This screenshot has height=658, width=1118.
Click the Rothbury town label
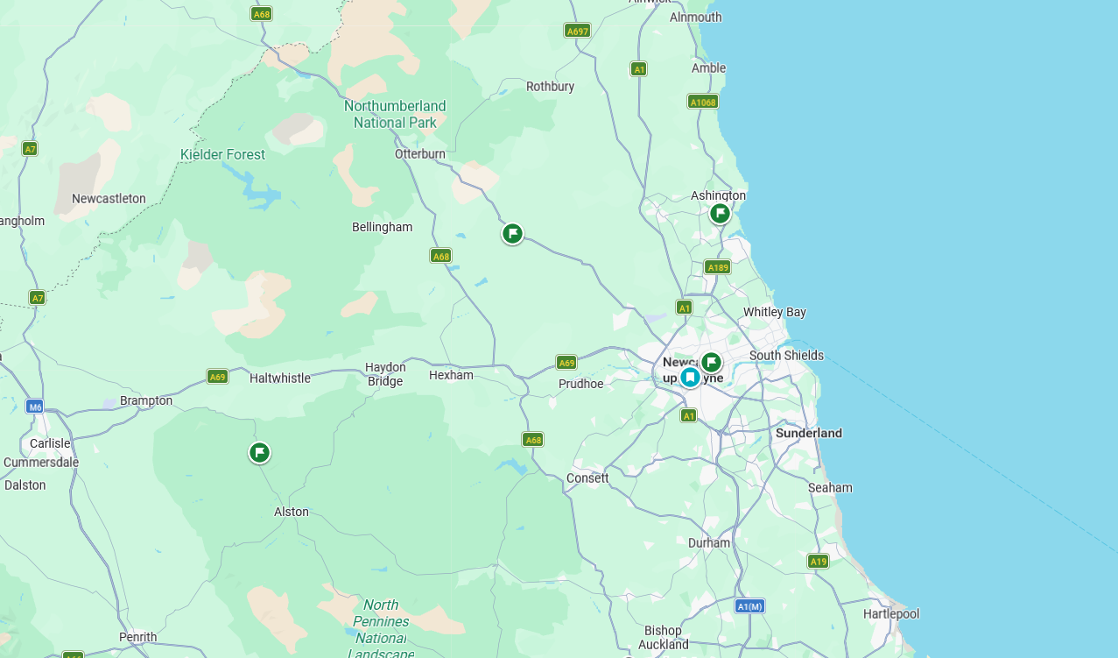(x=550, y=86)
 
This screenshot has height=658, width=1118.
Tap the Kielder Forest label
(x=222, y=154)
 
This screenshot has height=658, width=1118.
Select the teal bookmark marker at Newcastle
(x=690, y=377)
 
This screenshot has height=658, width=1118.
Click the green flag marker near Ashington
(x=720, y=213)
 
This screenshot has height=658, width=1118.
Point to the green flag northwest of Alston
(x=259, y=452)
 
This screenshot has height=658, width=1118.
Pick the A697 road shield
(x=577, y=31)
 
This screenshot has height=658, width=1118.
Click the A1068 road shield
(x=703, y=102)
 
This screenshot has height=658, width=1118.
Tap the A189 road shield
(x=717, y=267)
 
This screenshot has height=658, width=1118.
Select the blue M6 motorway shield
(x=34, y=407)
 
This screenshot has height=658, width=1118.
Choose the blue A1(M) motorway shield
(x=749, y=606)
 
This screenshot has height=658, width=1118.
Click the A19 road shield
(x=819, y=562)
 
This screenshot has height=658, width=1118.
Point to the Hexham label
(x=451, y=375)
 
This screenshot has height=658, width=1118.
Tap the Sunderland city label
(x=809, y=433)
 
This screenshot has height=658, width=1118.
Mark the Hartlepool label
(x=891, y=613)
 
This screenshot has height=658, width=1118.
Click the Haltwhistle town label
(x=280, y=378)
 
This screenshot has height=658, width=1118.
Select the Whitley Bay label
(x=775, y=312)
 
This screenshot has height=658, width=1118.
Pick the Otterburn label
(x=420, y=153)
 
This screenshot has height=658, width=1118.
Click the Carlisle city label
(x=50, y=443)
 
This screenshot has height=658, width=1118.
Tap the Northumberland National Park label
(x=395, y=114)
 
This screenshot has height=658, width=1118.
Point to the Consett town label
(x=587, y=478)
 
